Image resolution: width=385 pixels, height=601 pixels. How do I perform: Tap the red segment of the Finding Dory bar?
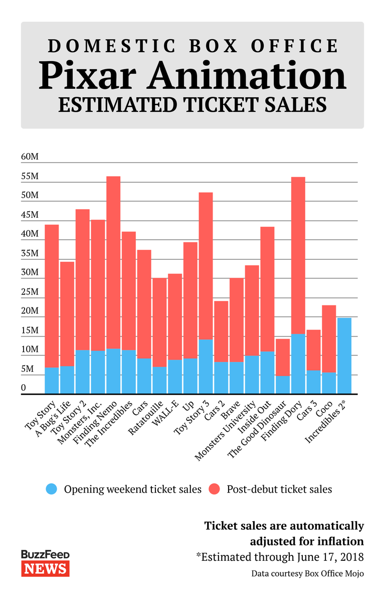(298, 255)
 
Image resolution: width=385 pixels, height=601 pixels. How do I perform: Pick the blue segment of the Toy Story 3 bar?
(206, 367)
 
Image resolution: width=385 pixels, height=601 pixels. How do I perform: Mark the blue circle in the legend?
(52, 489)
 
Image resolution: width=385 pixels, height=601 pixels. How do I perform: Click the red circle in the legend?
(214, 489)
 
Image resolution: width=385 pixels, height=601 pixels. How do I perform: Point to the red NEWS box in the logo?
(45, 568)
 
